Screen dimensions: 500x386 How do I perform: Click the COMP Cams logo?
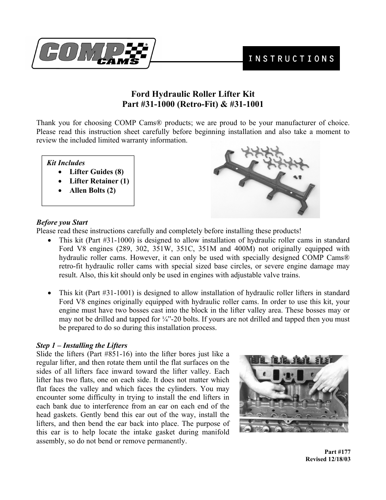click(93, 54)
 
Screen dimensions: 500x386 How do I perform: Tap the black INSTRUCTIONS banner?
click(291, 58)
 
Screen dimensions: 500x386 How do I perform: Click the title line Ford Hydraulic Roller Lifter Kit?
click(193, 95)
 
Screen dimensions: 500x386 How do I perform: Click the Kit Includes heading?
click(66, 163)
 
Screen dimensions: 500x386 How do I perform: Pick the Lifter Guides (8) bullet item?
click(96, 172)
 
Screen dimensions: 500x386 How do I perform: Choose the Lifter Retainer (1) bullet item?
click(99, 181)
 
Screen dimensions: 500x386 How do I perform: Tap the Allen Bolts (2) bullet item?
click(92, 190)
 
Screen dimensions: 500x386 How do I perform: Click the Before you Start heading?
click(62, 222)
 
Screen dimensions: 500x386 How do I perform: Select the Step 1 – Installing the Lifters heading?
click(82, 345)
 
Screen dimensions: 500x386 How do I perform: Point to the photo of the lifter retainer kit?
click(265, 179)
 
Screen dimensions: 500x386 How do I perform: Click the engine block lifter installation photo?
click(293, 393)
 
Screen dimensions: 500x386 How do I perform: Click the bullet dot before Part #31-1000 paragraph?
click(49, 240)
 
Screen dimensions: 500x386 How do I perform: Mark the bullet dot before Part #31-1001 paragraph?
click(49, 293)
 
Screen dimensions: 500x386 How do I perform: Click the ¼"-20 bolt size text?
click(171, 319)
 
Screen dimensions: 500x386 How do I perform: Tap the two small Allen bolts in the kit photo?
click(296, 177)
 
